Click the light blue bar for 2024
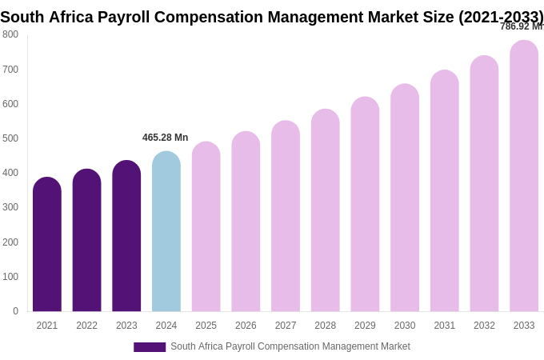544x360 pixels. point(166,232)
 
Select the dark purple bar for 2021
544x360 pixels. point(47,245)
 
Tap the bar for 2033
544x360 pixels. point(524,176)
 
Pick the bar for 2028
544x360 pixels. point(326,210)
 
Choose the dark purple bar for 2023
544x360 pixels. point(126,236)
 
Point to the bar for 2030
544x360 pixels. point(405,198)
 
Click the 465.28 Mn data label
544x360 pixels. point(166,138)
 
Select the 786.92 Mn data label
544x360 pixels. point(521,26)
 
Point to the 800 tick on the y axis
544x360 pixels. point(10,34)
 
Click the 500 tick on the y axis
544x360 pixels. point(10,138)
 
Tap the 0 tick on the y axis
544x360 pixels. point(15,311)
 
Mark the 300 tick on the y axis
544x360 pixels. point(10,207)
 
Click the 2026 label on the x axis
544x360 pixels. point(246,326)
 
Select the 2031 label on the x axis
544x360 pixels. point(445,326)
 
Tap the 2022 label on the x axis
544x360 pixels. point(86,326)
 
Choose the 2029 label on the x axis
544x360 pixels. point(365,326)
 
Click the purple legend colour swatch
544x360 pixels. point(150,347)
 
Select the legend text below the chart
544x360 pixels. point(290,346)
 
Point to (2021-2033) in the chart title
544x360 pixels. point(501,17)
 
